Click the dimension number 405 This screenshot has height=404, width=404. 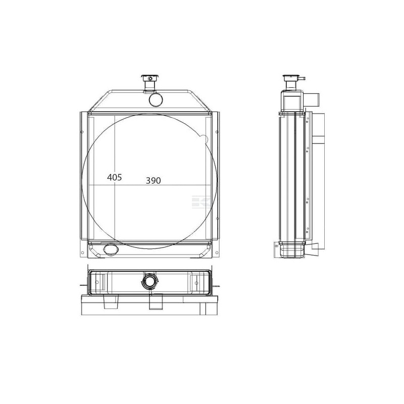pyautogui.click(x=115, y=177)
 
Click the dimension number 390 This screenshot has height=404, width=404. pyautogui.click(x=154, y=181)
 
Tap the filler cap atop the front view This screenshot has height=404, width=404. pyautogui.click(x=149, y=78)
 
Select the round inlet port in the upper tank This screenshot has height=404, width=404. pyautogui.click(x=156, y=99)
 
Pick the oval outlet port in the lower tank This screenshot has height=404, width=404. pyautogui.click(x=111, y=249)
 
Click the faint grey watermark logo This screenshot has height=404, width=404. pyautogui.click(x=201, y=201)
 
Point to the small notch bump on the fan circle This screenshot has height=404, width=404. pyautogui.click(x=204, y=139)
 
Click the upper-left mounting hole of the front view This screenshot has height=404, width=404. pyautogui.click(x=82, y=132)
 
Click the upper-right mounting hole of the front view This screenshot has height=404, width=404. pyautogui.click(x=217, y=132)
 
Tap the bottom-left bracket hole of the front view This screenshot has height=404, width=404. pyautogui.click(x=82, y=253)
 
